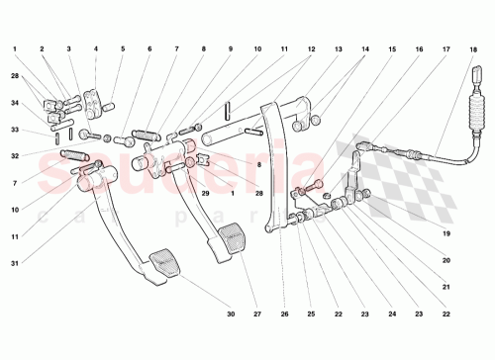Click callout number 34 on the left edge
click(15, 102)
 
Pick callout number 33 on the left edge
click(15, 130)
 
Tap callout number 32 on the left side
click(15, 156)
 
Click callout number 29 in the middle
click(206, 193)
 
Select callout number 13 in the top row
click(338, 48)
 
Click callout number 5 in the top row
click(123, 48)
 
